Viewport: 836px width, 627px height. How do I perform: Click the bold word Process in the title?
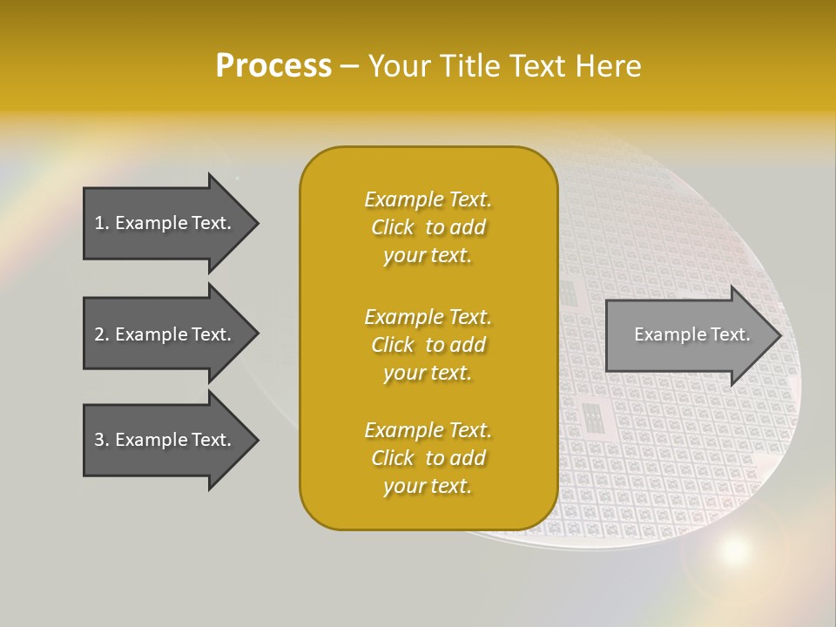[x=273, y=66]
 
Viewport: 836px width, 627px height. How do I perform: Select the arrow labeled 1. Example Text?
[x=165, y=223]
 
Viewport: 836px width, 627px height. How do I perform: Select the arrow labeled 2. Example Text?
[x=165, y=334]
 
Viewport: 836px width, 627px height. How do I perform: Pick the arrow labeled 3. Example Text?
[x=165, y=440]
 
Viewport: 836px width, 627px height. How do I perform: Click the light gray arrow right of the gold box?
[x=688, y=335]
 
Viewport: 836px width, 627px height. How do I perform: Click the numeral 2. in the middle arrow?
[x=101, y=334]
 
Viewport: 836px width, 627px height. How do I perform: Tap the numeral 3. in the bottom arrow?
[x=101, y=440]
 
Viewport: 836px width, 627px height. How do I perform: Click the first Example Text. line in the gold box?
[x=428, y=199]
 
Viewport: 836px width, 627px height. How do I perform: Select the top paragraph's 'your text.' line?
[x=428, y=256]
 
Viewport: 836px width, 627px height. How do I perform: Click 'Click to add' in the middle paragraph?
[x=428, y=345]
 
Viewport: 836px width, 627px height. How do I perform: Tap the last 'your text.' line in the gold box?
[x=428, y=487]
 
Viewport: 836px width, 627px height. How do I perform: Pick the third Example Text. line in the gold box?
[x=428, y=430]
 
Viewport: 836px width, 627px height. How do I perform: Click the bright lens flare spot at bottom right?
[x=734, y=549]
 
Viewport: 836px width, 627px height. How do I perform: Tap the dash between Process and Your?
[x=349, y=66]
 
